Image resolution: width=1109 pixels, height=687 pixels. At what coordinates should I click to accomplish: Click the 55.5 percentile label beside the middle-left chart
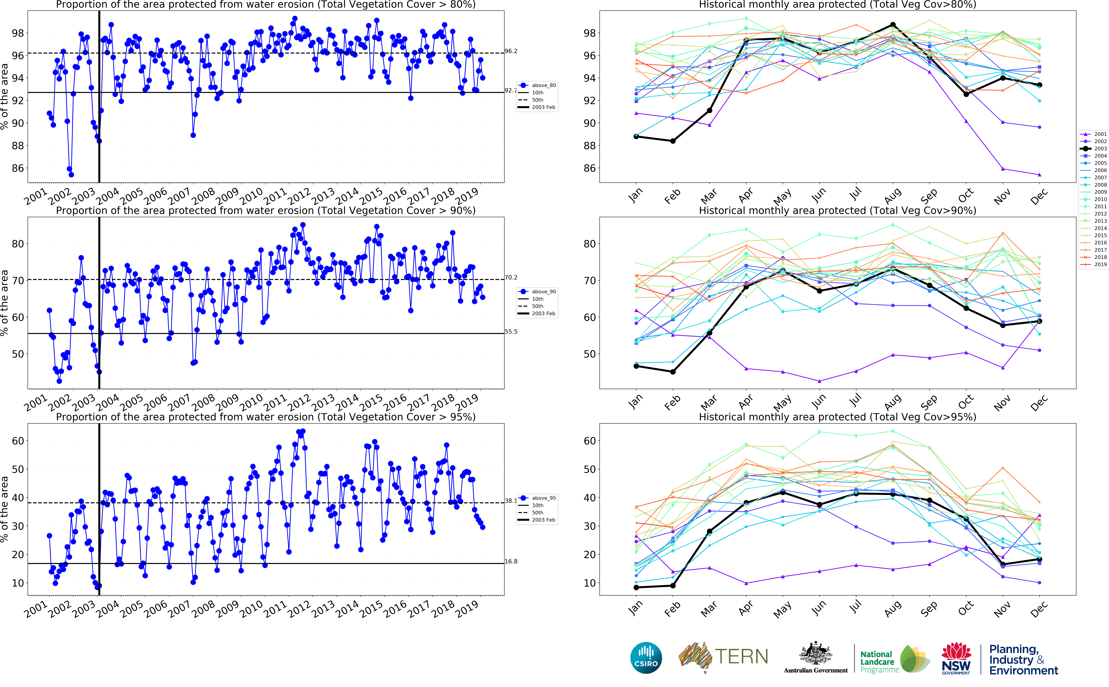pyautogui.click(x=511, y=332)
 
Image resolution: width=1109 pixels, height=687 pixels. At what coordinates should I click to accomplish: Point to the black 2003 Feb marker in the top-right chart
pyautogui.click(x=673, y=141)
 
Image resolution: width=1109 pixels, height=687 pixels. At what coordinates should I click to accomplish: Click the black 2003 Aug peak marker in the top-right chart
pyautogui.click(x=893, y=25)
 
